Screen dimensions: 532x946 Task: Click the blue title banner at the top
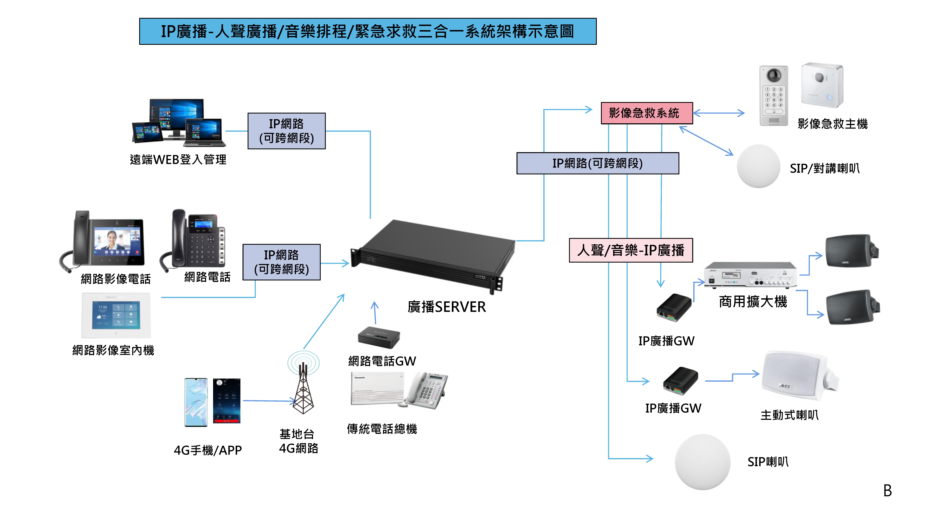(368, 32)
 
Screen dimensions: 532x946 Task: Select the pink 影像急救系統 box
(646, 113)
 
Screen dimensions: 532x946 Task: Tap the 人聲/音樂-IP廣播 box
(631, 250)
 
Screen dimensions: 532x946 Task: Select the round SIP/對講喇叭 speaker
(758, 166)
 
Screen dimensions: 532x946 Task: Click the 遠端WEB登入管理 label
(178, 160)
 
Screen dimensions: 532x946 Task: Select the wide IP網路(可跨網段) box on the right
(598, 163)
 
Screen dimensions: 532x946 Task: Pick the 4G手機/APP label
(208, 450)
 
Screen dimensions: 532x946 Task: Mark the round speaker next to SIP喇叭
(703, 462)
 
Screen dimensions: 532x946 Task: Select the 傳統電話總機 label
(382, 429)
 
